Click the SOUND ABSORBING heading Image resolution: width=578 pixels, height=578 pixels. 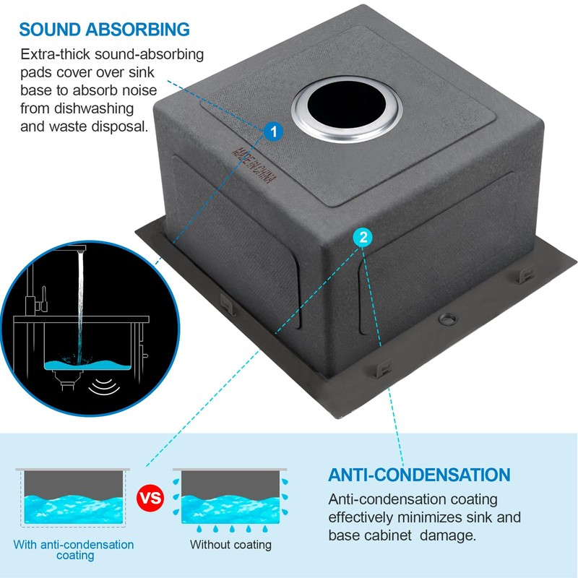tap(105, 30)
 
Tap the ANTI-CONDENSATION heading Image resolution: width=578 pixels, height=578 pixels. tap(419, 475)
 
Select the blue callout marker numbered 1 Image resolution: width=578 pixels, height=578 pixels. tap(273, 131)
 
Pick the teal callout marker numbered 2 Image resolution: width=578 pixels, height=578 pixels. tap(363, 236)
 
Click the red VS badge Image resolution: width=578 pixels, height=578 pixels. tap(150, 498)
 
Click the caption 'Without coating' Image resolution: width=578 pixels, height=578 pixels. tap(230, 545)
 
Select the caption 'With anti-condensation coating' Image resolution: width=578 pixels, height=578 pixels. tap(73, 550)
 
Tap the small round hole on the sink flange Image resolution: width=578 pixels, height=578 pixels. tap(447, 317)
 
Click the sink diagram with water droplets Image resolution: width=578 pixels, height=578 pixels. tap(230, 498)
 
